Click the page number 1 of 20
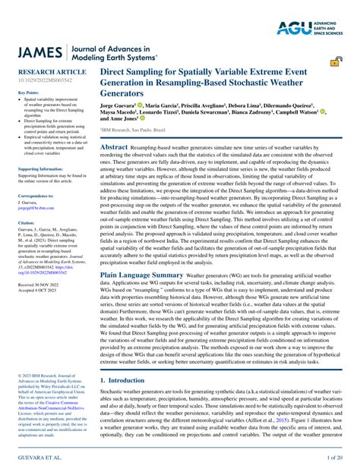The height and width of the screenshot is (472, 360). (x=335, y=459)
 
